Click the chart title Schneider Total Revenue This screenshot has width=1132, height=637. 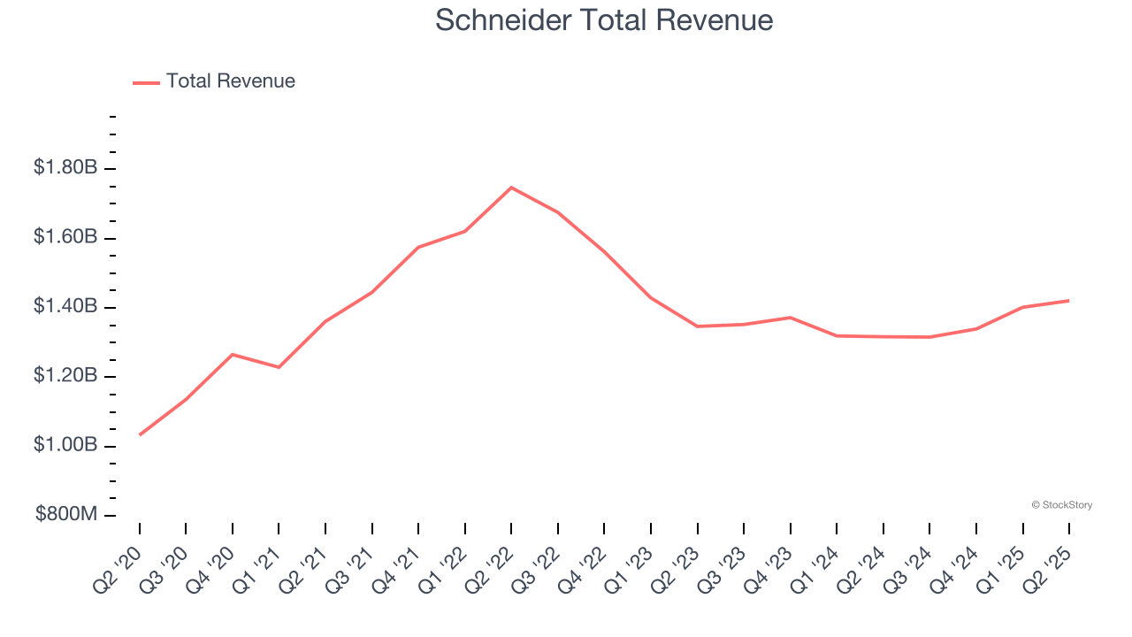pos(604,20)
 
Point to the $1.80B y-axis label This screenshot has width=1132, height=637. pos(65,167)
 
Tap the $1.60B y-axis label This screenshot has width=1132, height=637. pos(65,237)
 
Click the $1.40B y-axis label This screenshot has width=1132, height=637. pos(65,306)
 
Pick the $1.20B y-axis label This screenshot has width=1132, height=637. pos(65,376)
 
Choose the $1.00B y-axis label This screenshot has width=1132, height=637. pos(65,445)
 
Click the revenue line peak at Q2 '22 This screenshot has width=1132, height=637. pos(511,188)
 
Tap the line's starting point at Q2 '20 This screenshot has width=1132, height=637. pos(140,434)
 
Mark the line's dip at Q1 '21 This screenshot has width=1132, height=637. pos(279,367)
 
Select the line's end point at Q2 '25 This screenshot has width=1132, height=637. pos(1068,301)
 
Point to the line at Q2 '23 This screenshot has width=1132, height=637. pos(697,326)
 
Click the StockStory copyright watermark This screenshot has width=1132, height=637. pos(1062,505)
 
